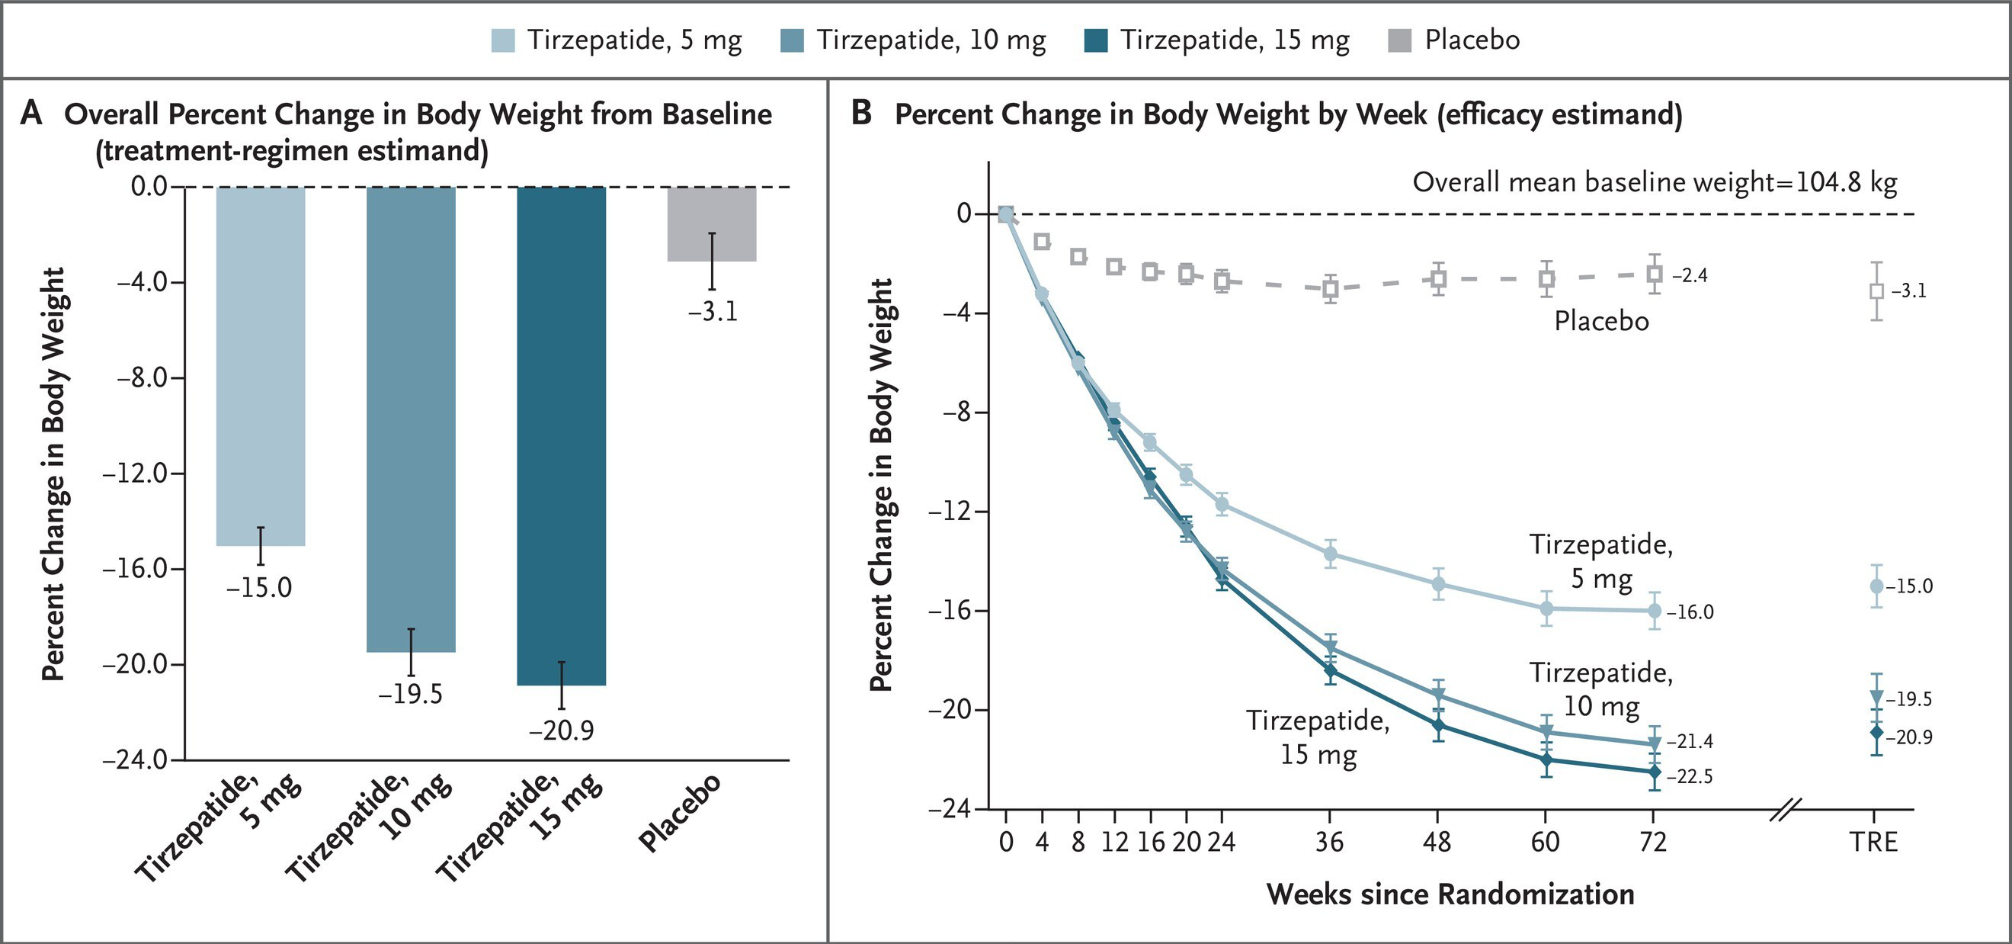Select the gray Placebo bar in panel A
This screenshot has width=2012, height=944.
(712, 223)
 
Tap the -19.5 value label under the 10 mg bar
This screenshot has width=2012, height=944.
(410, 694)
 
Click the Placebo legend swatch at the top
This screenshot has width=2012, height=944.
(1400, 40)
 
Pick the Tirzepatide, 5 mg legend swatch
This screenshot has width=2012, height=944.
(503, 40)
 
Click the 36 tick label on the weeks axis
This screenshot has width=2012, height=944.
(1329, 843)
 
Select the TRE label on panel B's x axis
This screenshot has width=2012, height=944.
(1873, 843)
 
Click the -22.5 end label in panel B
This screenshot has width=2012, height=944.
(1690, 778)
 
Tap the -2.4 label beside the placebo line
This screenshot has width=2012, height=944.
(1690, 276)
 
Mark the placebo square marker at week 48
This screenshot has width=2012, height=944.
(1438, 278)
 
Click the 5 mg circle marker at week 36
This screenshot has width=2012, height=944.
(1330, 554)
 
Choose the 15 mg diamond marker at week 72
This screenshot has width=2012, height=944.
(1654, 772)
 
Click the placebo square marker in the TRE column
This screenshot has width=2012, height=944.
(1876, 291)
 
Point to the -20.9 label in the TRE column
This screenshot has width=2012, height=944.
(1910, 737)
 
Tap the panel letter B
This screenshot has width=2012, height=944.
(860, 114)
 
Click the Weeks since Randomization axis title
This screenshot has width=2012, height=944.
(1450, 894)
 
